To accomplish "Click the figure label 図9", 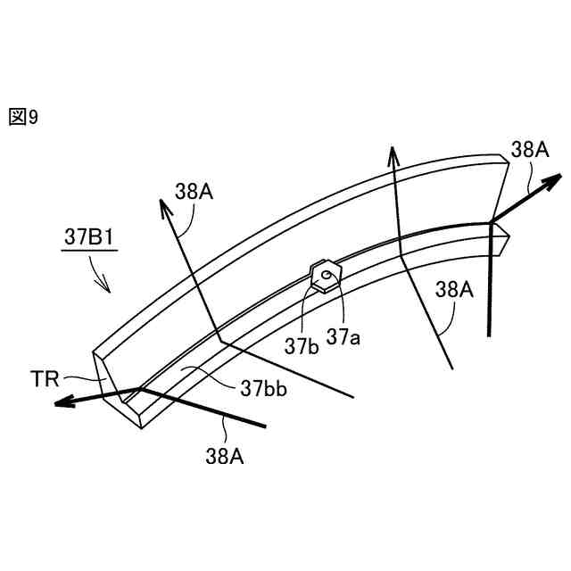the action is click(23, 117).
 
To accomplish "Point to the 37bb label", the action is click(261, 388).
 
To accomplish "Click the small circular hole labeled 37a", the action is click(328, 275).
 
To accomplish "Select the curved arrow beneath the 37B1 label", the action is click(99, 277).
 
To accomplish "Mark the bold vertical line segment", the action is click(489, 285).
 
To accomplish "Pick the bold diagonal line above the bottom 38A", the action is click(205, 409).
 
